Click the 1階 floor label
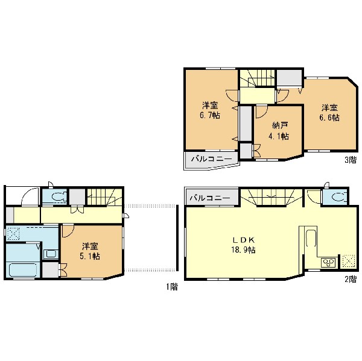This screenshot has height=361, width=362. pyautogui.click(x=172, y=287)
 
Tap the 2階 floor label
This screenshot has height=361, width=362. pyautogui.click(x=351, y=280)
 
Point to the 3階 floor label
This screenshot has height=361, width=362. pyautogui.click(x=351, y=160)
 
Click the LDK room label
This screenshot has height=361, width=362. pyautogui.click(x=243, y=240)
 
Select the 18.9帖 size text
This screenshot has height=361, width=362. pyautogui.click(x=243, y=250)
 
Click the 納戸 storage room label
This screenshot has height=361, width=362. pyautogui.click(x=280, y=126)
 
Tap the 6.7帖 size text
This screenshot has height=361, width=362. pyautogui.click(x=210, y=115)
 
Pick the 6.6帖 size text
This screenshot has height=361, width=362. pyautogui.click(x=329, y=118)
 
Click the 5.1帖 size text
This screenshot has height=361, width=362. pyautogui.click(x=90, y=256)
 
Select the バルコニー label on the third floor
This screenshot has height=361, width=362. pyautogui.click(x=212, y=159)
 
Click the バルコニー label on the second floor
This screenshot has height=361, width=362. pyautogui.click(x=210, y=198)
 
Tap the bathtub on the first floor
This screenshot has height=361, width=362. pyautogui.click(x=23, y=270)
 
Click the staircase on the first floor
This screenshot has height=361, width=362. pyautogui.click(x=104, y=196)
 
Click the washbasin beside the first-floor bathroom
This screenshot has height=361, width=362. pyautogui.click(x=51, y=254)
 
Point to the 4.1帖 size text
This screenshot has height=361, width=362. pyautogui.click(x=278, y=136)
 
